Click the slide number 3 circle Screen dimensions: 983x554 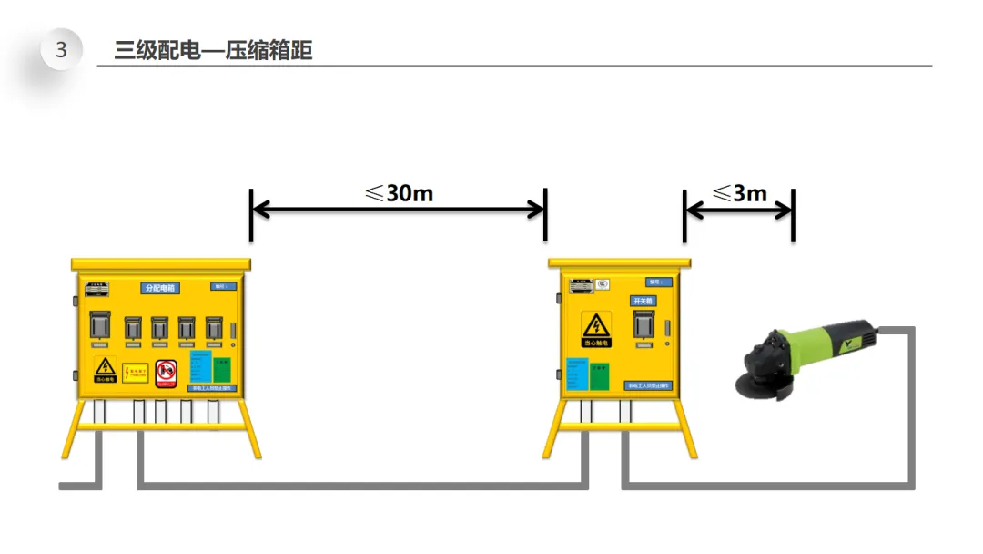[x=61, y=50]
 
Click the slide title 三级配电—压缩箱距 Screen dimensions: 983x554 [x=213, y=50]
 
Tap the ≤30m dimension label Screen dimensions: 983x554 [x=399, y=192]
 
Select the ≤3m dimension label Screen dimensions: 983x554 [x=739, y=192]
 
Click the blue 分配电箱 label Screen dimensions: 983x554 [x=161, y=288]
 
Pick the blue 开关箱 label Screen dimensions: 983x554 [x=643, y=300]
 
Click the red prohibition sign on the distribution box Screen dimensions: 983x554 [x=165, y=371]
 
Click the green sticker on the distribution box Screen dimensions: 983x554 [x=222, y=369]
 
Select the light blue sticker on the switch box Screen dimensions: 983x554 [x=576, y=374]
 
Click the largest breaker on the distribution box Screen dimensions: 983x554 [x=99, y=328]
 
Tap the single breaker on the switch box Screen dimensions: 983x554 [x=644, y=325]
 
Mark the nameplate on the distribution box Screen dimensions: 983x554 [x=96, y=289]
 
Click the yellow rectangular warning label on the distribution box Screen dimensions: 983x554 [x=136, y=373]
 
